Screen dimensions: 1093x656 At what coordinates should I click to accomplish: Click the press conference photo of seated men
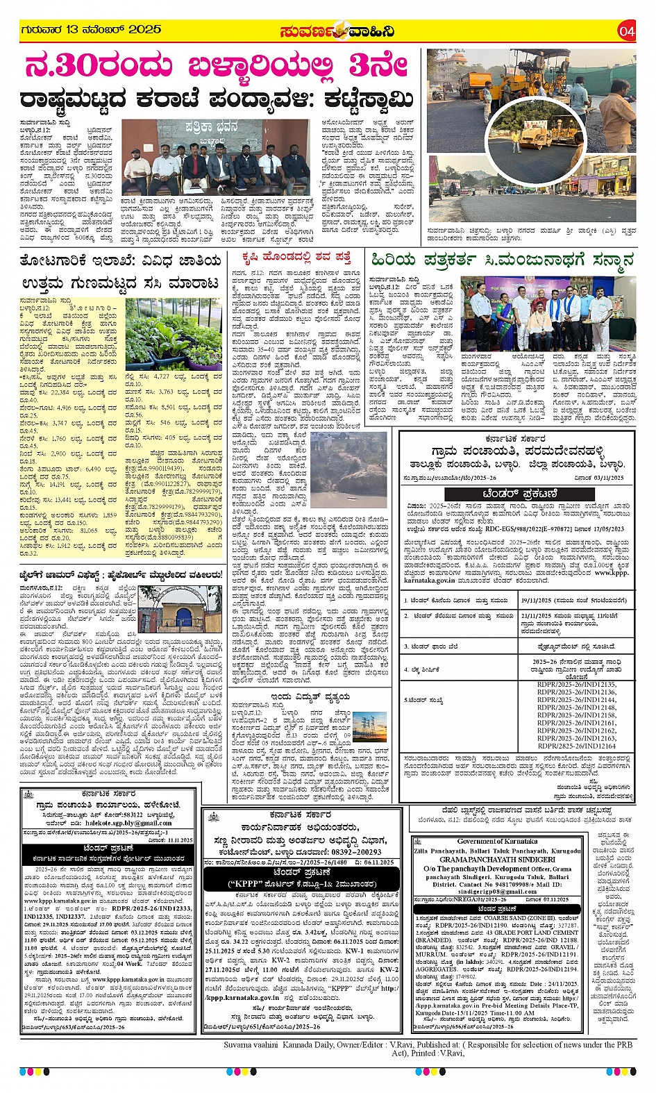(216, 158)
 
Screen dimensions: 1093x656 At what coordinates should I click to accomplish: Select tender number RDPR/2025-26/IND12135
(576, 684)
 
